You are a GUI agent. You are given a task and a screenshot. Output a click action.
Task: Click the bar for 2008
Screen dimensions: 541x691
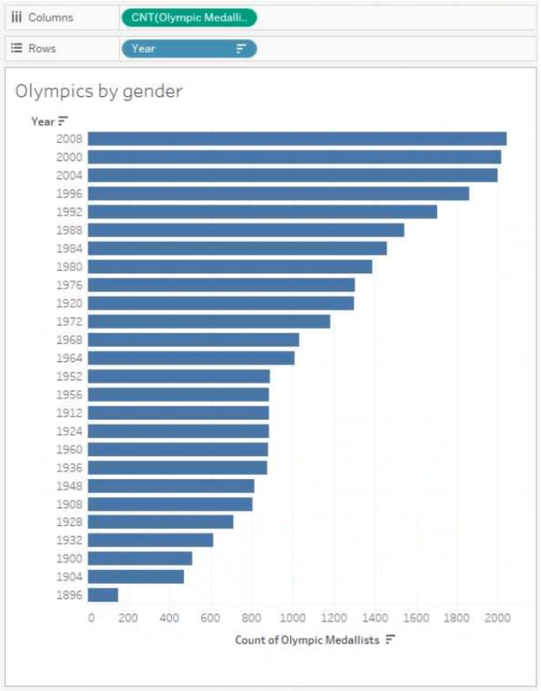(x=298, y=139)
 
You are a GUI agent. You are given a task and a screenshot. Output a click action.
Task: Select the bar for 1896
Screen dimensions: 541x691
(x=103, y=595)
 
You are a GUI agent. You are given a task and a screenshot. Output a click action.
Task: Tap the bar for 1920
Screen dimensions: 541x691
(x=221, y=303)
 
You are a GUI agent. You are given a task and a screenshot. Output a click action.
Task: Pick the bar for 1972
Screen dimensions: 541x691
(x=209, y=321)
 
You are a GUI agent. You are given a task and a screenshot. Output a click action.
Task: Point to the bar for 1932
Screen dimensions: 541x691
(x=151, y=540)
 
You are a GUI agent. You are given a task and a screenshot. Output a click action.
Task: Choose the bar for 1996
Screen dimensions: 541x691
(x=279, y=194)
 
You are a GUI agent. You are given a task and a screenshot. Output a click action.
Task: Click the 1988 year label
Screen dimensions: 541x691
(x=69, y=230)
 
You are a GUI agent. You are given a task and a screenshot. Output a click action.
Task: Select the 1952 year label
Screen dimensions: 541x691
(x=69, y=376)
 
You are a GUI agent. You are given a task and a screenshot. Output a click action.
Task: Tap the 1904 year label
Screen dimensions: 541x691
(x=69, y=577)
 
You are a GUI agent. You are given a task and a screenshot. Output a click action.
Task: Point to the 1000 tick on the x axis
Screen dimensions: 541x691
(x=293, y=618)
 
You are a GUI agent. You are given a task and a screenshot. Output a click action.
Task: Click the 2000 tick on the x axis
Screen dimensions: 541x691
(x=497, y=618)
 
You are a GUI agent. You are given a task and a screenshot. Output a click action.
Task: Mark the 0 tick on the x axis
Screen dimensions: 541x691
(x=91, y=618)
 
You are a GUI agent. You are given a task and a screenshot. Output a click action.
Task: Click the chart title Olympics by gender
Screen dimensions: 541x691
(x=98, y=92)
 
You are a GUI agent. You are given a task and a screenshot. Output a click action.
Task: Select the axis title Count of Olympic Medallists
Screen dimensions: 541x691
(x=307, y=640)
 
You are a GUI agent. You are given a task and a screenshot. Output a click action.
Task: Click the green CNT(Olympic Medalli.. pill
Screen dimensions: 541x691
(x=189, y=17)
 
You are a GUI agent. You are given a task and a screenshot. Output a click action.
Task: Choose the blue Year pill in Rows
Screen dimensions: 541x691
(x=189, y=49)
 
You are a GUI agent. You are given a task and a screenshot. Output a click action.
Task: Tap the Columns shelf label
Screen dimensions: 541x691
(x=50, y=17)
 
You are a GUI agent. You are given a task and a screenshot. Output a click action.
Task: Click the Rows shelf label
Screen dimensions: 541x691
(x=42, y=49)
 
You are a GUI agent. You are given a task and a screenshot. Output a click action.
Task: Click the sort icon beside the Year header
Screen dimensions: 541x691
(x=63, y=121)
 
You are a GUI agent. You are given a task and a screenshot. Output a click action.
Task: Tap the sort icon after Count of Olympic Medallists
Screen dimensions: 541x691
(x=390, y=639)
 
